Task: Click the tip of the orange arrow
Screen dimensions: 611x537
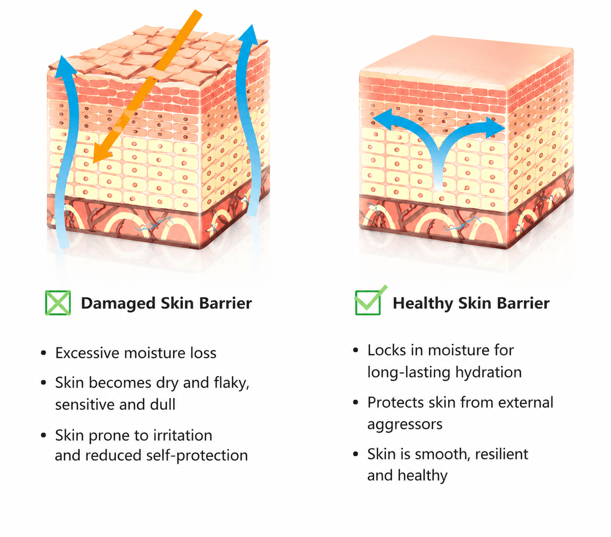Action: coord(94,163)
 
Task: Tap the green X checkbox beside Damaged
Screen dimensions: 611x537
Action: coord(58,303)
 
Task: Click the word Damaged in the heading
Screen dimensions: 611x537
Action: coord(119,304)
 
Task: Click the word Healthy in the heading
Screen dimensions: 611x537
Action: coord(423,303)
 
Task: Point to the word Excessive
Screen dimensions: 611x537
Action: coord(88,353)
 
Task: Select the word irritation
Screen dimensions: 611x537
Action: coord(183,435)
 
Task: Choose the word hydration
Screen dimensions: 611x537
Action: coord(489,372)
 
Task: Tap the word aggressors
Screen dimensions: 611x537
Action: coord(405,424)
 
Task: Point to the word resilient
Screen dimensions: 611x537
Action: coord(502,454)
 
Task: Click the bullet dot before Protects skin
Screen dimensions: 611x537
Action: coord(356,402)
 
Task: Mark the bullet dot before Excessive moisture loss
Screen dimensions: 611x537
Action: coord(44,353)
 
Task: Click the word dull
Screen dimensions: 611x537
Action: coord(162,405)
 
